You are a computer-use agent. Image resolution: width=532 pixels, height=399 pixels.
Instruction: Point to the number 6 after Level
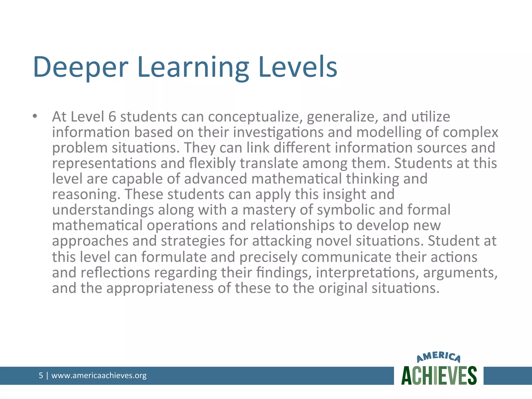tap(112, 117)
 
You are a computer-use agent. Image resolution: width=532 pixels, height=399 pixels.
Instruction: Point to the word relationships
tap(292, 225)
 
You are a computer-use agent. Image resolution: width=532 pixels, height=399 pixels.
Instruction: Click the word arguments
tap(460, 273)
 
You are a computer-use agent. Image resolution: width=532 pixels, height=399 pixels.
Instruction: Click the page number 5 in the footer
tap(41, 375)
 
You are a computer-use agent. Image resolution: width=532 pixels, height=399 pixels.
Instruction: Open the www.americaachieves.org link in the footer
tap(99, 375)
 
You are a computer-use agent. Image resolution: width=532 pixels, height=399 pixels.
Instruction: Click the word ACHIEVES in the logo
tap(439, 376)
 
